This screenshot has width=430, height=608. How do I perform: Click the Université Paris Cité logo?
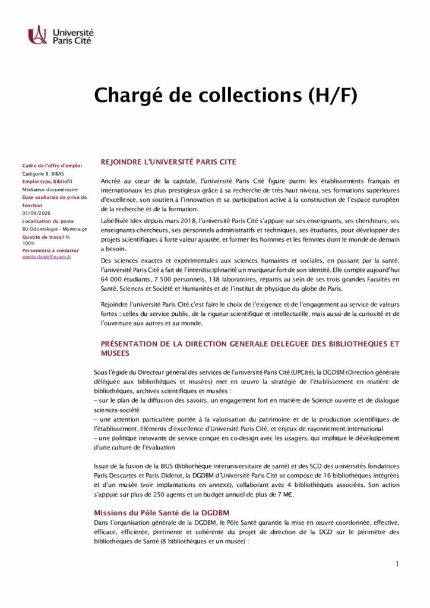click(61, 35)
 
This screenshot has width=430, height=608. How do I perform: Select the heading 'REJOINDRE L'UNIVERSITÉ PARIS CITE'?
click(168, 161)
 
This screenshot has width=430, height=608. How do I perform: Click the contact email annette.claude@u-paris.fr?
click(46, 256)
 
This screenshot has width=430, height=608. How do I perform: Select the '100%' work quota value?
click(29, 243)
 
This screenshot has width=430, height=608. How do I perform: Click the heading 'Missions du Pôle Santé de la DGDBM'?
click(162, 512)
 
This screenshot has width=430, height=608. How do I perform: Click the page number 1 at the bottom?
click(397, 564)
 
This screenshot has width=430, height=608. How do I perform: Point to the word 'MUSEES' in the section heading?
click(115, 353)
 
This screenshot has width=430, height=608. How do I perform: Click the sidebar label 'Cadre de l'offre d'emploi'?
click(52, 166)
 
